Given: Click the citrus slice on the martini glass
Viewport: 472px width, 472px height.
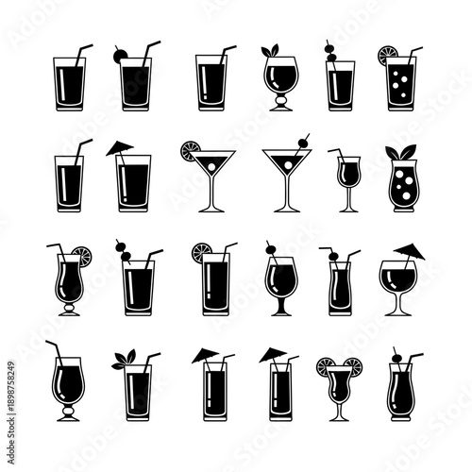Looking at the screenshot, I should [189, 147].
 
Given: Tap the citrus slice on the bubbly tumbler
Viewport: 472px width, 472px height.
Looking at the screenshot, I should [388, 54].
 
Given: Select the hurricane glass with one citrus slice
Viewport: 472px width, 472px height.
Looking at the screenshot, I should [68, 283].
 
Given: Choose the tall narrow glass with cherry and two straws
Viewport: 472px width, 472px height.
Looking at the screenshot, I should [339, 283].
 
